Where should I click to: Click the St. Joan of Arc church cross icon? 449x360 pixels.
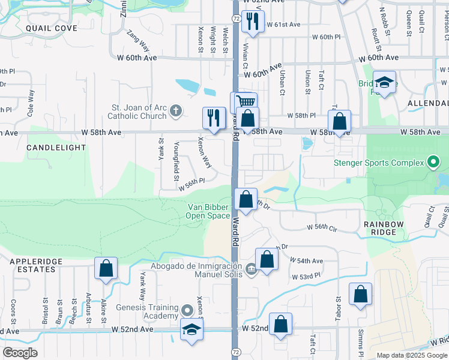(x=175, y=110)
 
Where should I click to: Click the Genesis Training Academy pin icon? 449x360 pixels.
(x=187, y=311)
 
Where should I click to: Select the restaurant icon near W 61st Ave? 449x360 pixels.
(x=253, y=23)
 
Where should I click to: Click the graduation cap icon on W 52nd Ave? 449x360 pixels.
(x=191, y=329)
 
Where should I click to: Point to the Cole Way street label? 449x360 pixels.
(x=31, y=103)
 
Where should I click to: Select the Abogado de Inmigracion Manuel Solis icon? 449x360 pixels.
(x=251, y=268)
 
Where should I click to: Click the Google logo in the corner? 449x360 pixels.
(x=20, y=353)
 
